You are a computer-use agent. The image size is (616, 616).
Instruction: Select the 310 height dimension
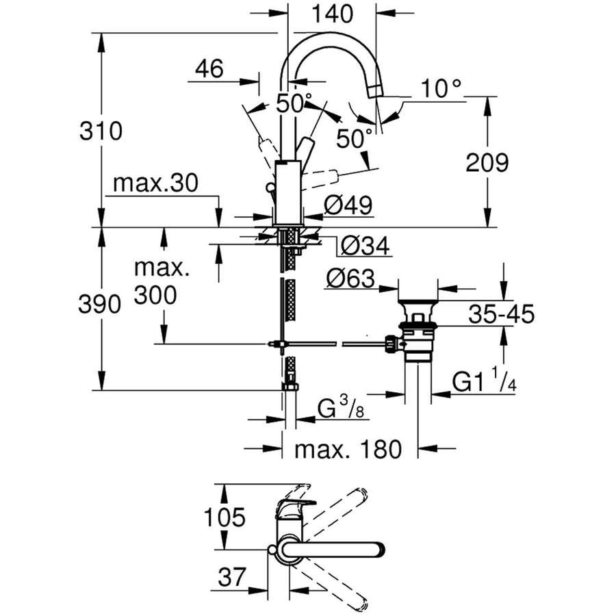101,130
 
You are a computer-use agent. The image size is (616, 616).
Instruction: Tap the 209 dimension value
487,162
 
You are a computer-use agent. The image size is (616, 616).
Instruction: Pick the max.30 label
155,183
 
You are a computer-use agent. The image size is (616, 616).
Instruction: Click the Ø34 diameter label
365,246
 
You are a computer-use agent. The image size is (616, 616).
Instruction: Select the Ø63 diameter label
350,279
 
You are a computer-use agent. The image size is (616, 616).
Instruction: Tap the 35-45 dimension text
501,314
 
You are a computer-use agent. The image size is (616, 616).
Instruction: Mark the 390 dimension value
101,304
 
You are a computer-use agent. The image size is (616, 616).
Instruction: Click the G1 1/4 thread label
484,382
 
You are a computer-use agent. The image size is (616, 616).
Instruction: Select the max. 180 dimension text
347,450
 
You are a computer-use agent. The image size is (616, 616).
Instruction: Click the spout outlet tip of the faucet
374,90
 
